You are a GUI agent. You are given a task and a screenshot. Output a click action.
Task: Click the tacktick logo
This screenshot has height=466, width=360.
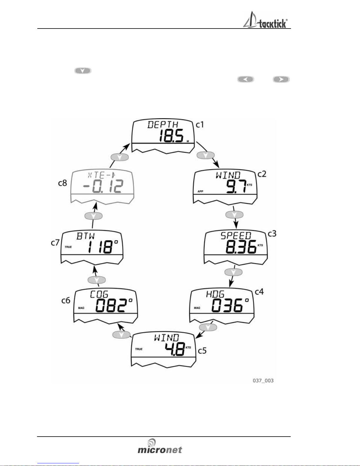(x=265, y=20)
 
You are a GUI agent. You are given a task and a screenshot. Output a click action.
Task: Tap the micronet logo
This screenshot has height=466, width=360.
(x=160, y=446)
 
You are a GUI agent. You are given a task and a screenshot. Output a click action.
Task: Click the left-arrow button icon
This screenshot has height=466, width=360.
(x=246, y=79)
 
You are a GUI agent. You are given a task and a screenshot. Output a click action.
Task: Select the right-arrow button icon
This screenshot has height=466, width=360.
(x=281, y=79)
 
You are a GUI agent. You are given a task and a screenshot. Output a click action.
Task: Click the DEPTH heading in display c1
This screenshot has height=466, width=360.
(x=163, y=125)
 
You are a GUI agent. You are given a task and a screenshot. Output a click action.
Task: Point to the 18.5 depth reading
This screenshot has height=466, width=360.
(x=171, y=136)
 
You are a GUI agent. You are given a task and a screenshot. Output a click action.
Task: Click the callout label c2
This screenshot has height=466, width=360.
(x=262, y=174)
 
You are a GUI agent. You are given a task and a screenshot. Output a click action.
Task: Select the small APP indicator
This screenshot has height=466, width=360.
(x=200, y=191)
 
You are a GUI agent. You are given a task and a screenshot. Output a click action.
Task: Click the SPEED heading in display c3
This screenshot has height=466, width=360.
(x=236, y=236)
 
